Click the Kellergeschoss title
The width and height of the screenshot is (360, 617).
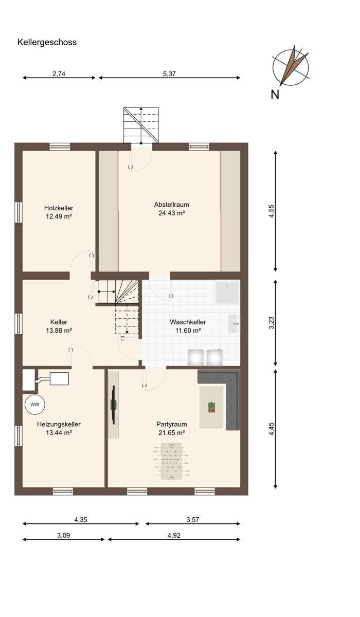(x=47, y=42)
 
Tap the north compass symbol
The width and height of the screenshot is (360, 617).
(x=291, y=67)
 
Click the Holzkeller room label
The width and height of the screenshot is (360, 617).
(x=59, y=208)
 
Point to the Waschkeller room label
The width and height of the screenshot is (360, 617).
(x=188, y=322)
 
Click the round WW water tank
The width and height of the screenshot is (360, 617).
(x=34, y=405)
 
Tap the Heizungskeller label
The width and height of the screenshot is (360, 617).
(x=59, y=424)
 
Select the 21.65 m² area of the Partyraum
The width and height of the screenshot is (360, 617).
(x=171, y=433)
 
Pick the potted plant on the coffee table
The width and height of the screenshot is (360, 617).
(x=211, y=407)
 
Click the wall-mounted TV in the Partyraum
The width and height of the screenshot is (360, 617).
(x=113, y=405)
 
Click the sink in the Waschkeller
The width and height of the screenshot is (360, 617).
(x=235, y=324)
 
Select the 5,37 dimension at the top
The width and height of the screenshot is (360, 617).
(x=169, y=74)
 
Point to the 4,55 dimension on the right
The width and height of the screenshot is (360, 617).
(x=272, y=211)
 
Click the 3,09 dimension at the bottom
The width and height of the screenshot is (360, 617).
(x=64, y=535)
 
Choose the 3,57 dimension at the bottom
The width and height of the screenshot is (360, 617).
(x=192, y=520)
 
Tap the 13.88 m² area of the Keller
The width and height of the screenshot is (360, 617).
(x=59, y=330)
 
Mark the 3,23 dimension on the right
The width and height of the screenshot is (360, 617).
(x=272, y=322)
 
